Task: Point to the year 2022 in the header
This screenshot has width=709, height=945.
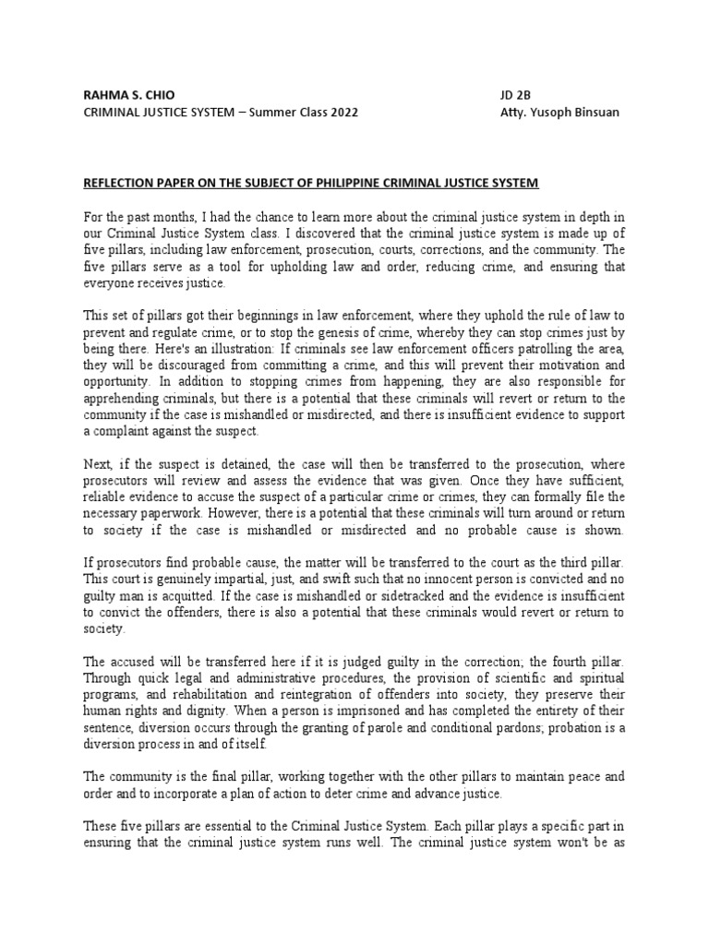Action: click(339, 114)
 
